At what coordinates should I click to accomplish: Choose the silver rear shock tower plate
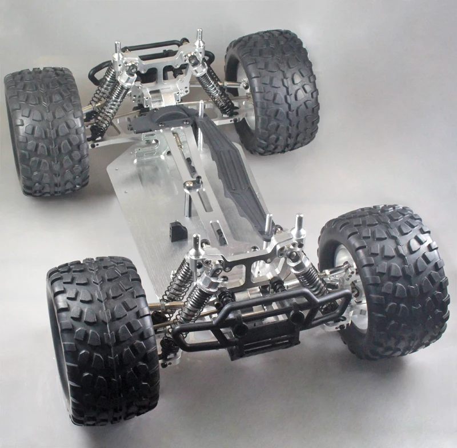[x=160, y=74]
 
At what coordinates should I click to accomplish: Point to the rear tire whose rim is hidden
[x=46, y=131]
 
